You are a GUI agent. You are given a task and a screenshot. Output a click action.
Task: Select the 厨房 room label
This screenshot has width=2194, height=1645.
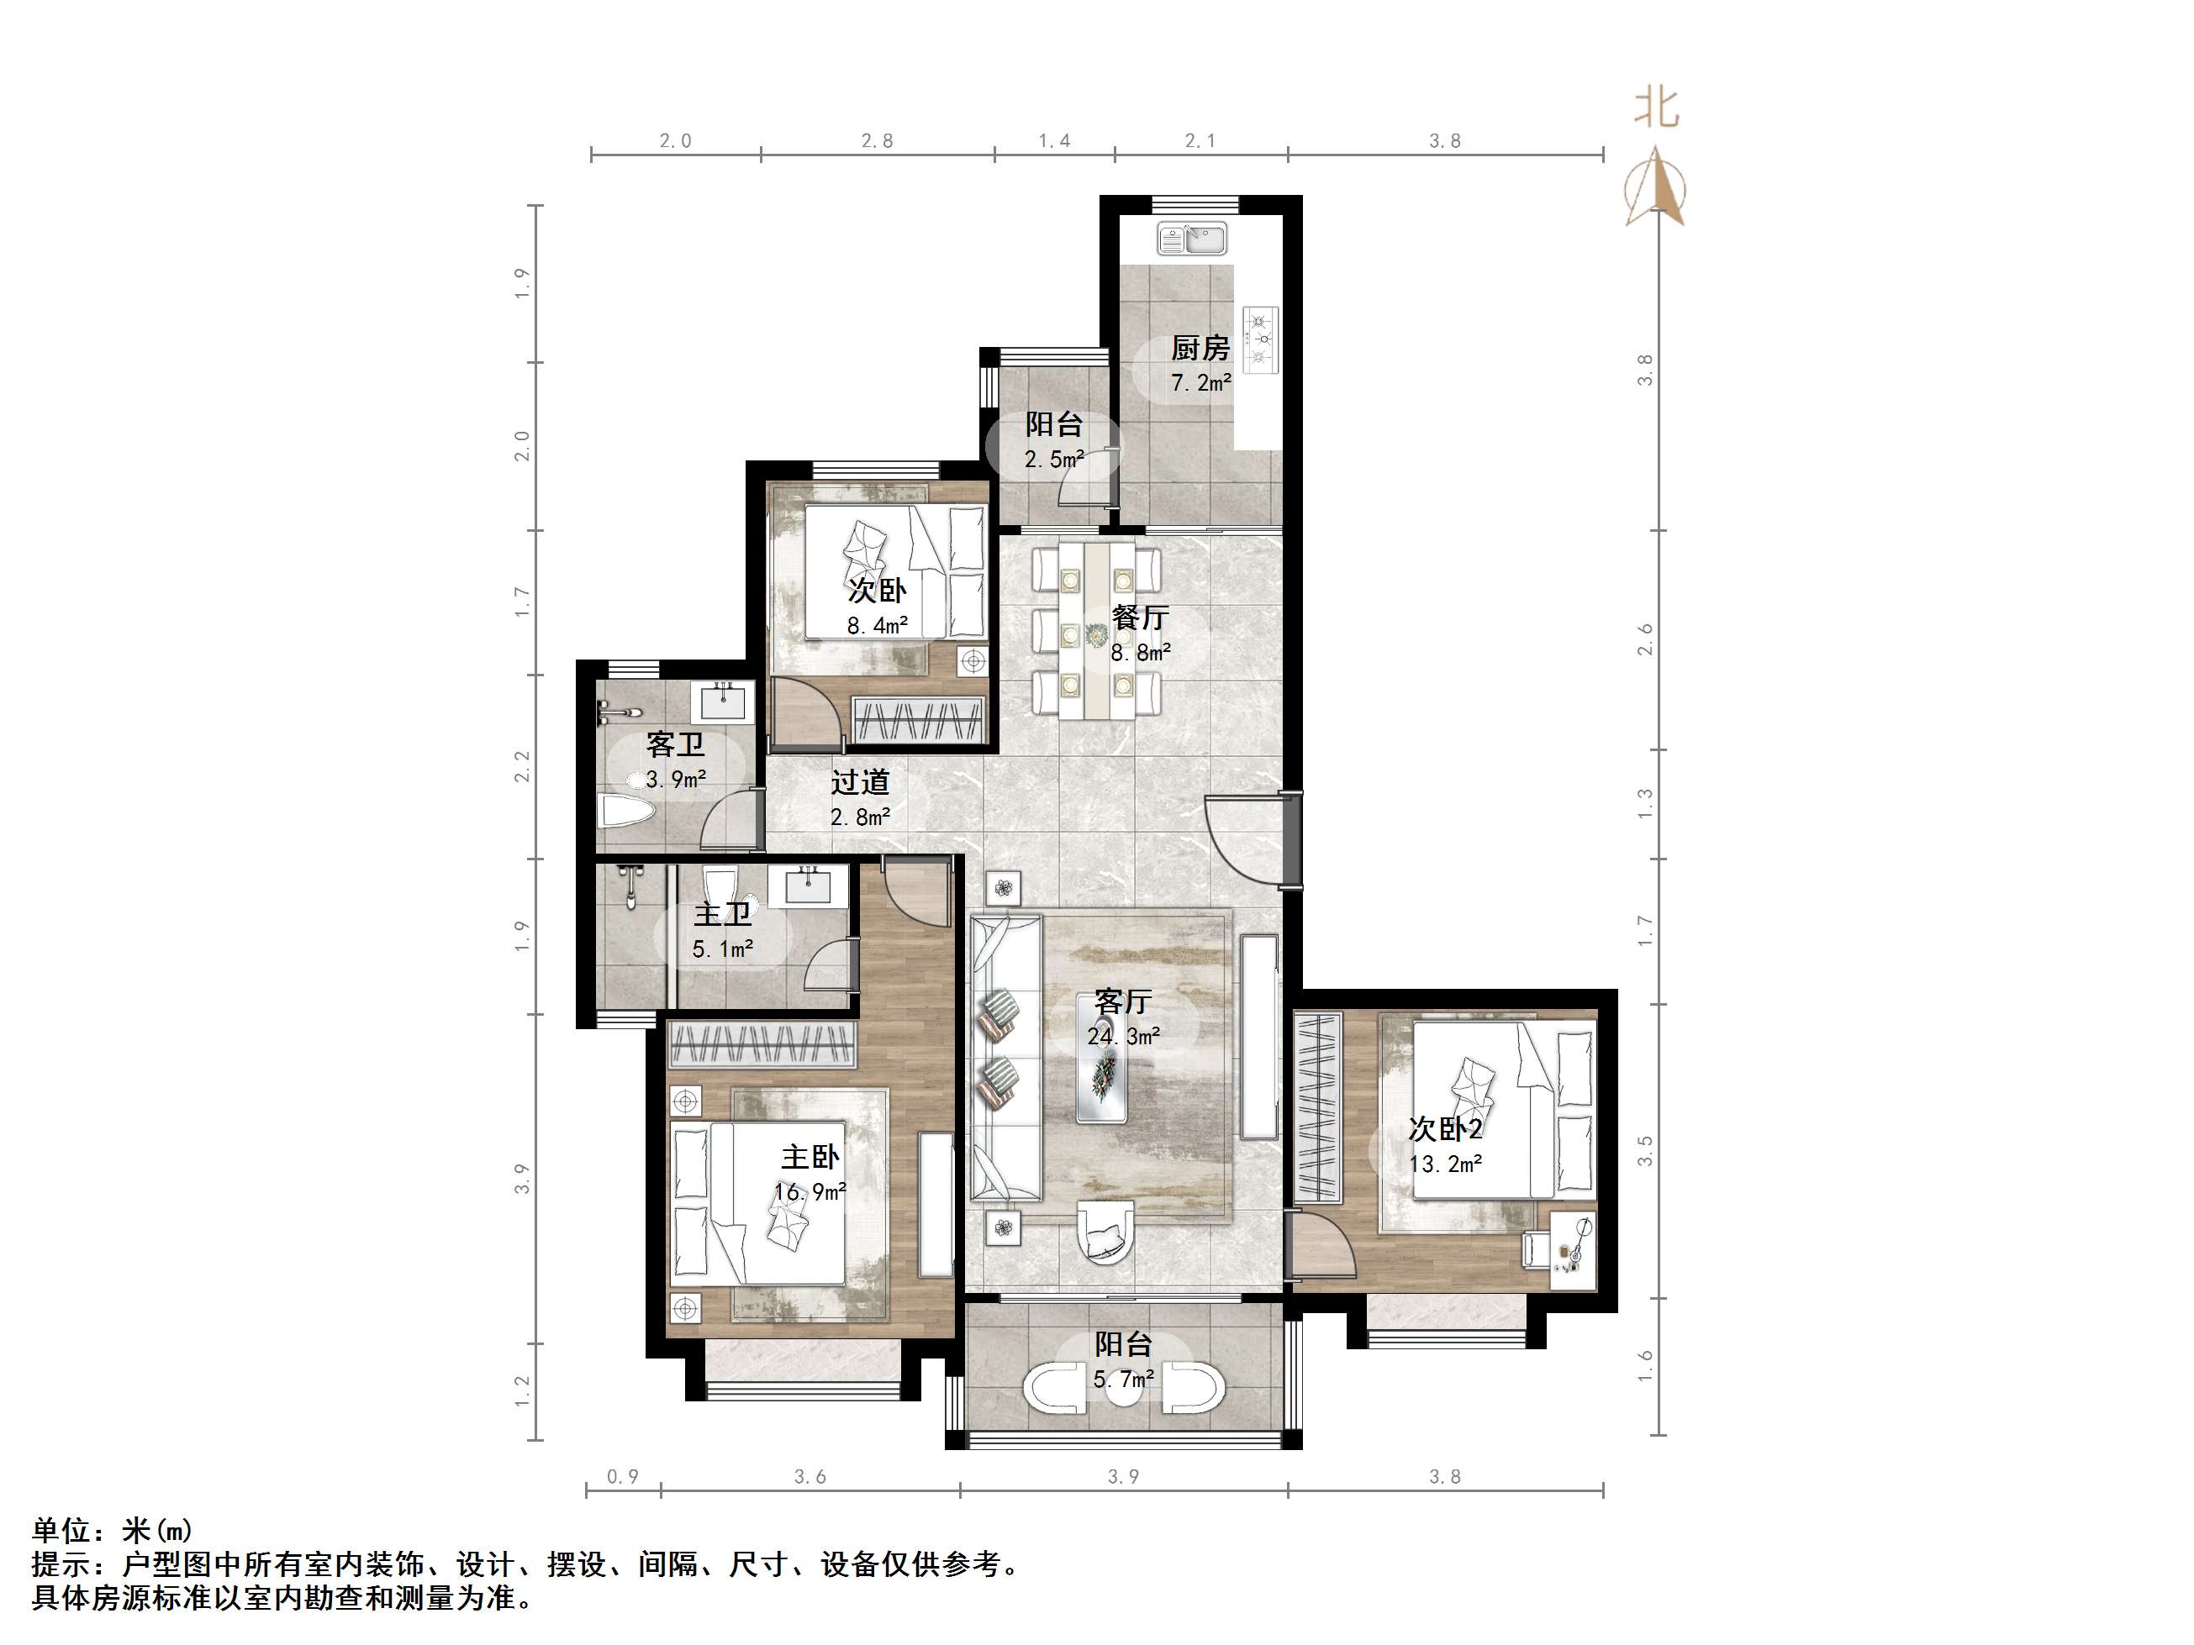[1200, 348]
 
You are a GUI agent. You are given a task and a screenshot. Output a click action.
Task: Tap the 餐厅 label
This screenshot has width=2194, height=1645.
[1140, 617]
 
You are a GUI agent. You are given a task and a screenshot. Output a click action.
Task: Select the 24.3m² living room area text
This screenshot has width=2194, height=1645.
[1123, 1036]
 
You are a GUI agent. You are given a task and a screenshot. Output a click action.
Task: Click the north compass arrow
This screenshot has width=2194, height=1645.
[1654, 188]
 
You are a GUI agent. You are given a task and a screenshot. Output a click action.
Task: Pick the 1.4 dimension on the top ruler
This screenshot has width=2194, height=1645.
[1054, 141]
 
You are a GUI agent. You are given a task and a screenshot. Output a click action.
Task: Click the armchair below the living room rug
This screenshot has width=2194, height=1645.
[1104, 1233]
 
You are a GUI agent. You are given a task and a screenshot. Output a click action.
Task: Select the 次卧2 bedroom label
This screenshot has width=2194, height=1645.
[1445, 1128]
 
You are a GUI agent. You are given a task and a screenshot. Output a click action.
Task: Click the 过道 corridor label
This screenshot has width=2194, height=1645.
[860, 782]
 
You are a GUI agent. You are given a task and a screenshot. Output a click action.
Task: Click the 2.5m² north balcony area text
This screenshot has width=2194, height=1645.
[1053, 459]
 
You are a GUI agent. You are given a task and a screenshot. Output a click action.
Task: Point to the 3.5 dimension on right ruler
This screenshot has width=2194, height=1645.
[1646, 1150]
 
